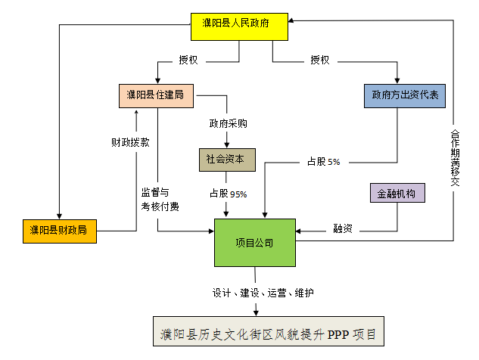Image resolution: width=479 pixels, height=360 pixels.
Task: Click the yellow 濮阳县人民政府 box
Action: click(238, 26)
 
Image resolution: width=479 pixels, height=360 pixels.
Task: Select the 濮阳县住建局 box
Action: click(156, 95)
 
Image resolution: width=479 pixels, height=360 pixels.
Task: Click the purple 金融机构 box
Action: click(397, 193)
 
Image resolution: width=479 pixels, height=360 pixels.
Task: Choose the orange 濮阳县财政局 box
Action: click(59, 229)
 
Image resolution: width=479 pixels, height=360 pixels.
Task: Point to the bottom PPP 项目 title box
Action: click(268, 333)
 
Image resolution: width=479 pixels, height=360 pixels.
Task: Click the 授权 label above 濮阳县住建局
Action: click(188, 61)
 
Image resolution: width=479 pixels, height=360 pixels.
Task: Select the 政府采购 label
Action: click(228, 124)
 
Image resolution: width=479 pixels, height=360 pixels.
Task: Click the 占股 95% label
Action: click(228, 194)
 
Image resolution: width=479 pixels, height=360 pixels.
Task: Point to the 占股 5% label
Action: click(323, 161)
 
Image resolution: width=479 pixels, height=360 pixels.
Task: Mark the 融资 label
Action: click(343, 228)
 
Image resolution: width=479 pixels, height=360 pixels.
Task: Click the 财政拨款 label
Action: click(130, 141)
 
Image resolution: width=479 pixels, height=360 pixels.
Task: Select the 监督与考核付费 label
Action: click(159, 200)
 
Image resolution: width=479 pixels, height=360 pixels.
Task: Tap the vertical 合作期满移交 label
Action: click(454, 156)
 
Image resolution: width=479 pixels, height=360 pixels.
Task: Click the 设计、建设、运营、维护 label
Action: click(263, 293)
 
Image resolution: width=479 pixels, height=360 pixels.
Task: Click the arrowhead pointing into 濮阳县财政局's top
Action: click(59, 214)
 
